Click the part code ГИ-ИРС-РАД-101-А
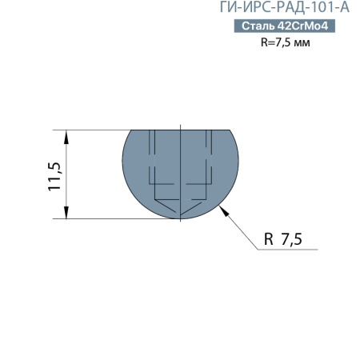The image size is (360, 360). pyautogui.click(x=284, y=9)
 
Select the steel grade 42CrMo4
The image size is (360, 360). pyautogui.click(x=302, y=27)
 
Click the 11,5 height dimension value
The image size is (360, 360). pyautogui.click(x=55, y=174)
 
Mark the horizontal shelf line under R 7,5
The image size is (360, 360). pyautogui.click(x=288, y=250)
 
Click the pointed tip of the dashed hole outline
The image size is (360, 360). pyautogui.click(x=182, y=215)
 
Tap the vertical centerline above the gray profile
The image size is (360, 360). pyautogui.click(x=182, y=126)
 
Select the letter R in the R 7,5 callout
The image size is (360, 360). pyautogui.click(x=268, y=239)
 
